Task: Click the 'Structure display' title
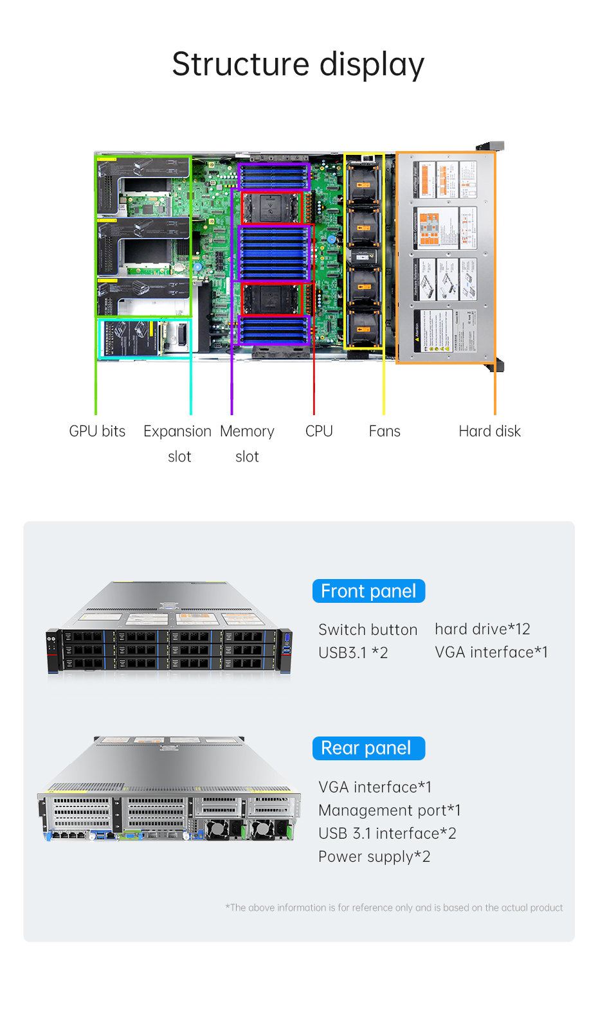pyautogui.click(x=298, y=64)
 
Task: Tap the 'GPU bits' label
pyautogui.click(x=97, y=431)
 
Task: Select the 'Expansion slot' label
pyautogui.click(x=177, y=443)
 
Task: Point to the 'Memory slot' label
pyautogui.click(x=247, y=443)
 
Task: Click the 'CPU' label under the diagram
pyautogui.click(x=319, y=431)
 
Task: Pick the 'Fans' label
pyautogui.click(x=385, y=431)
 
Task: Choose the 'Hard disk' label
pyautogui.click(x=489, y=431)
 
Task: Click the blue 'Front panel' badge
pyautogui.click(x=368, y=591)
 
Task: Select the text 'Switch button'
pyautogui.click(x=368, y=630)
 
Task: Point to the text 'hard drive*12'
pyautogui.click(x=482, y=629)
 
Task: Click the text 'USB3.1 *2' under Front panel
pyautogui.click(x=353, y=653)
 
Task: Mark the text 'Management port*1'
pyautogui.click(x=389, y=810)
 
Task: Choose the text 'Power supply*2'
pyautogui.click(x=374, y=857)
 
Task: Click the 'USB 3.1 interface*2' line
pyautogui.click(x=387, y=834)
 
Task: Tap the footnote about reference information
pyautogui.click(x=394, y=907)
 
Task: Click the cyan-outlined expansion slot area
pyautogui.click(x=144, y=338)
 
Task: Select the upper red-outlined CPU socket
pyautogui.click(x=271, y=208)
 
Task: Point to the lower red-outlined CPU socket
pyautogui.click(x=273, y=299)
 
